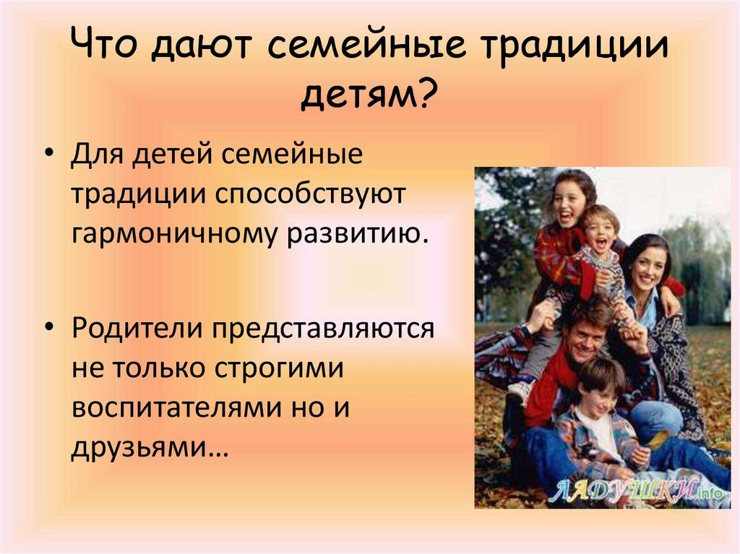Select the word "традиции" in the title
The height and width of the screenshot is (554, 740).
click(575, 47)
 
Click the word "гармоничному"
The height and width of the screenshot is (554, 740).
click(173, 234)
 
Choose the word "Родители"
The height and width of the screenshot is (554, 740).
click(137, 328)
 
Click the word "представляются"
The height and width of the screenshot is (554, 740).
click(323, 329)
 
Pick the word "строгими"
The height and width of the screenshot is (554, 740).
click(279, 368)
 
